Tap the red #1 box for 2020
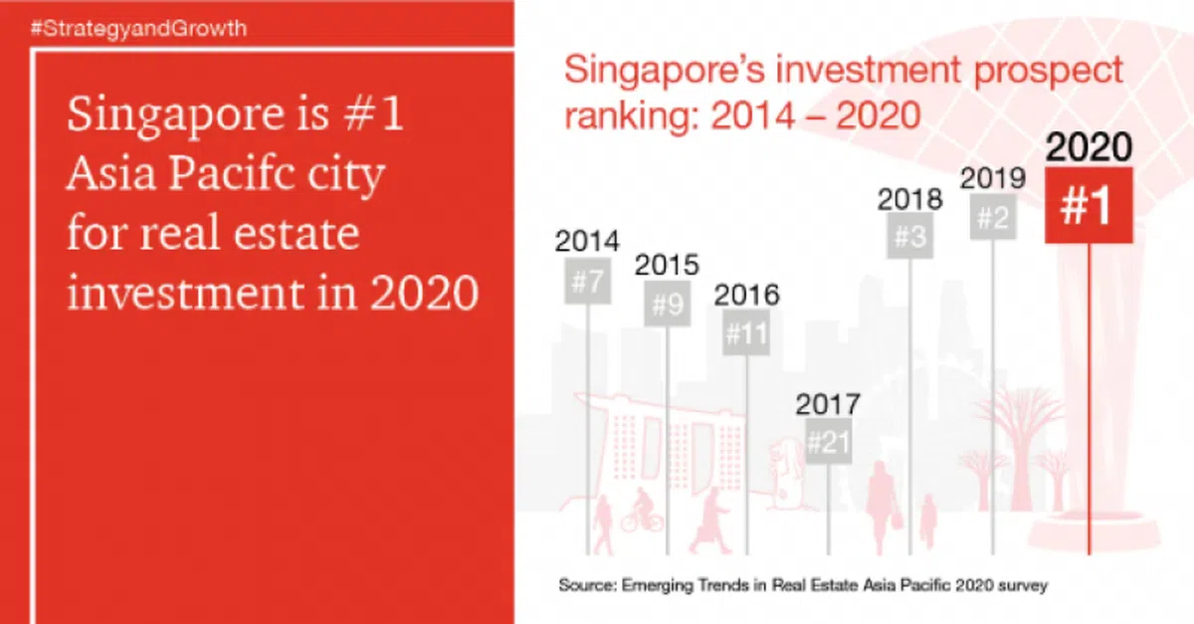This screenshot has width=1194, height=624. click(1088, 205)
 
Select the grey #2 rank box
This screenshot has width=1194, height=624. click(992, 219)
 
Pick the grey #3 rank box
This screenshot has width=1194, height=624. click(909, 237)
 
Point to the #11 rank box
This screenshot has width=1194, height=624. click(746, 333)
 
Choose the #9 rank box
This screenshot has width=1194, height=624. click(667, 305)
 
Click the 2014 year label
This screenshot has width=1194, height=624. click(587, 241)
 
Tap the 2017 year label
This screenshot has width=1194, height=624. click(828, 404)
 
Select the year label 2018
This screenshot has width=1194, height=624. click(909, 198)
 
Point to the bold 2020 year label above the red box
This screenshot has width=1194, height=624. click(1089, 147)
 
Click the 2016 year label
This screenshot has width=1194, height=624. click(746, 295)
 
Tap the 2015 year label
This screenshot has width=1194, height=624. click(667, 266)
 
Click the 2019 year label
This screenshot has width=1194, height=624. click(992, 178)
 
